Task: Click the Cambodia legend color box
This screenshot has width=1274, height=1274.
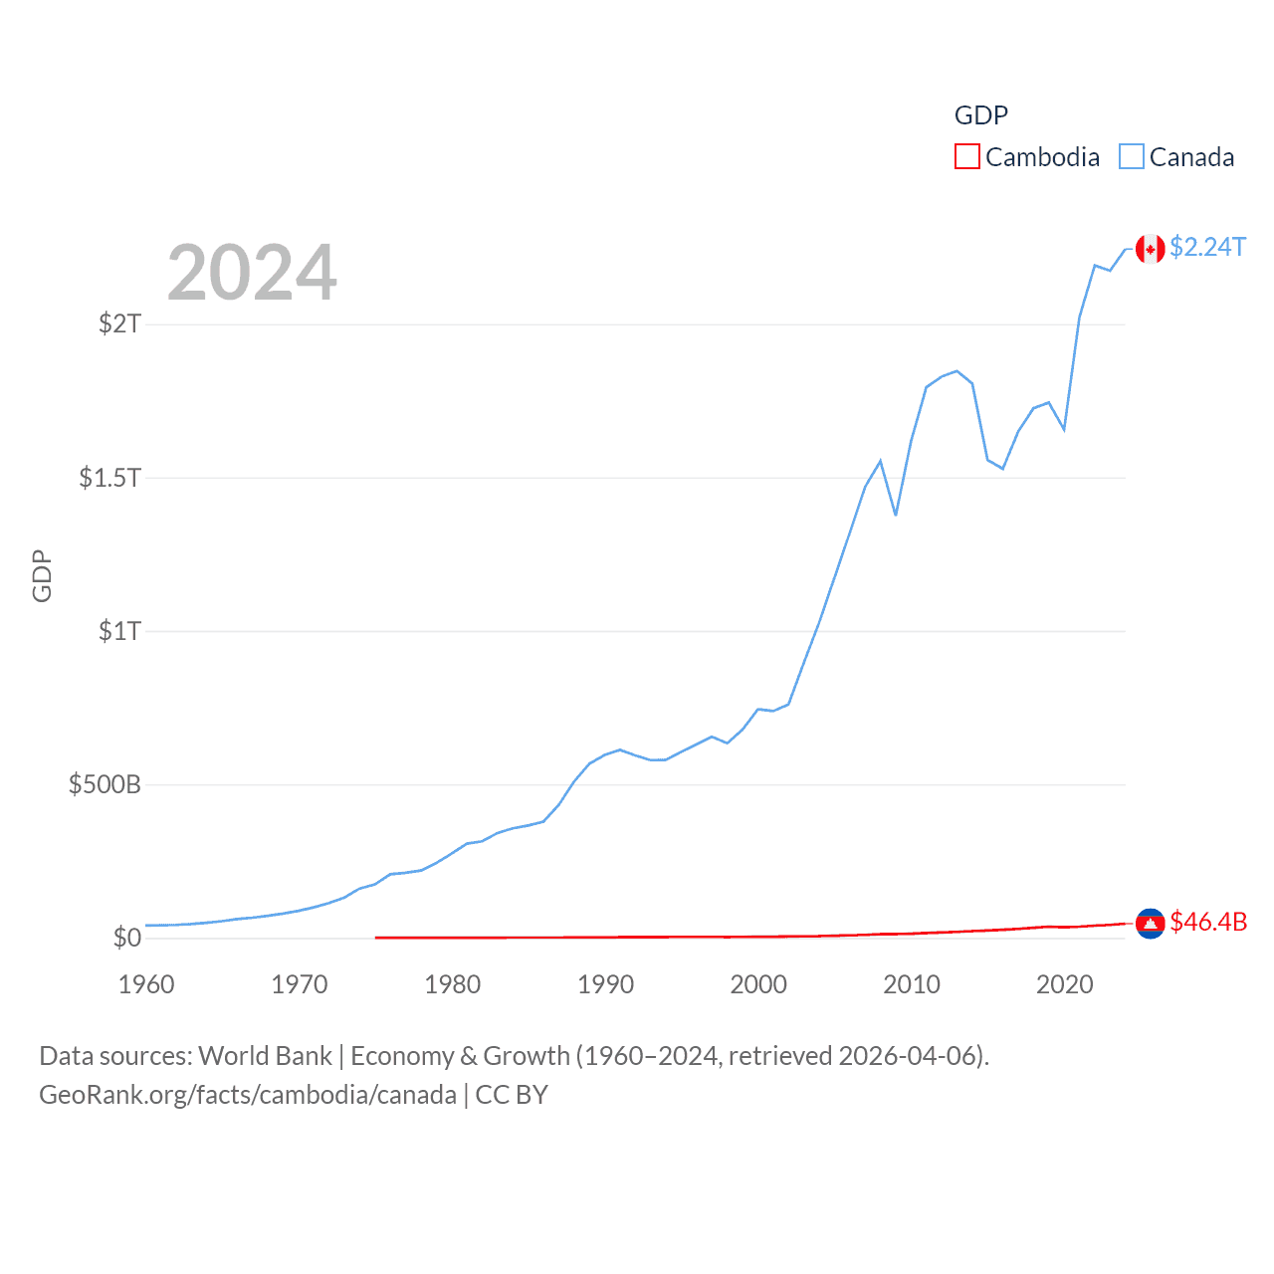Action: click(966, 157)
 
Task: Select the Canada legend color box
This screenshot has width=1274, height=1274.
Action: click(1132, 157)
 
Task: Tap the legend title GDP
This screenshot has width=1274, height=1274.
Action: click(980, 115)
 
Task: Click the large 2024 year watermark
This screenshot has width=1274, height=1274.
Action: click(252, 273)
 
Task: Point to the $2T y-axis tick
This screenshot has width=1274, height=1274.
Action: click(119, 323)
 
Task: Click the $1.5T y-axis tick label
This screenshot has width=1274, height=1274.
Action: click(109, 478)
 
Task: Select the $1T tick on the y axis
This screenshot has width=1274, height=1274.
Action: click(119, 631)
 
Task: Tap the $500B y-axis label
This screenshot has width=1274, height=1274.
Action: click(105, 784)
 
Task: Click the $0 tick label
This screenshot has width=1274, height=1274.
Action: click(126, 938)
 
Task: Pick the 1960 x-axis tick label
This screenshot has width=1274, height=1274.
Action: click(146, 984)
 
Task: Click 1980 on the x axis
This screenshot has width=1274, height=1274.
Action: click(452, 984)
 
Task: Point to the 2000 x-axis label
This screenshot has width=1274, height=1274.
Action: click(758, 984)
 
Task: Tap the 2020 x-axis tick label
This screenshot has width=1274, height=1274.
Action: click(1064, 984)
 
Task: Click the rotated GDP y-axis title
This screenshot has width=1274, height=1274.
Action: click(42, 575)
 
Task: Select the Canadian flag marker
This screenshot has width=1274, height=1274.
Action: click(1151, 249)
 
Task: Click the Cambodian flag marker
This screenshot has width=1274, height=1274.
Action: click(1151, 924)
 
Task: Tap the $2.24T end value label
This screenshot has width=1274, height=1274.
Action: click(1207, 247)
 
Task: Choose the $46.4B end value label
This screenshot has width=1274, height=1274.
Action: click(1208, 922)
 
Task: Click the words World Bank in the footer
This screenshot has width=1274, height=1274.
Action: click(265, 1056)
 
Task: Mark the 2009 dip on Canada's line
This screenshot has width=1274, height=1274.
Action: click(896, 515)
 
